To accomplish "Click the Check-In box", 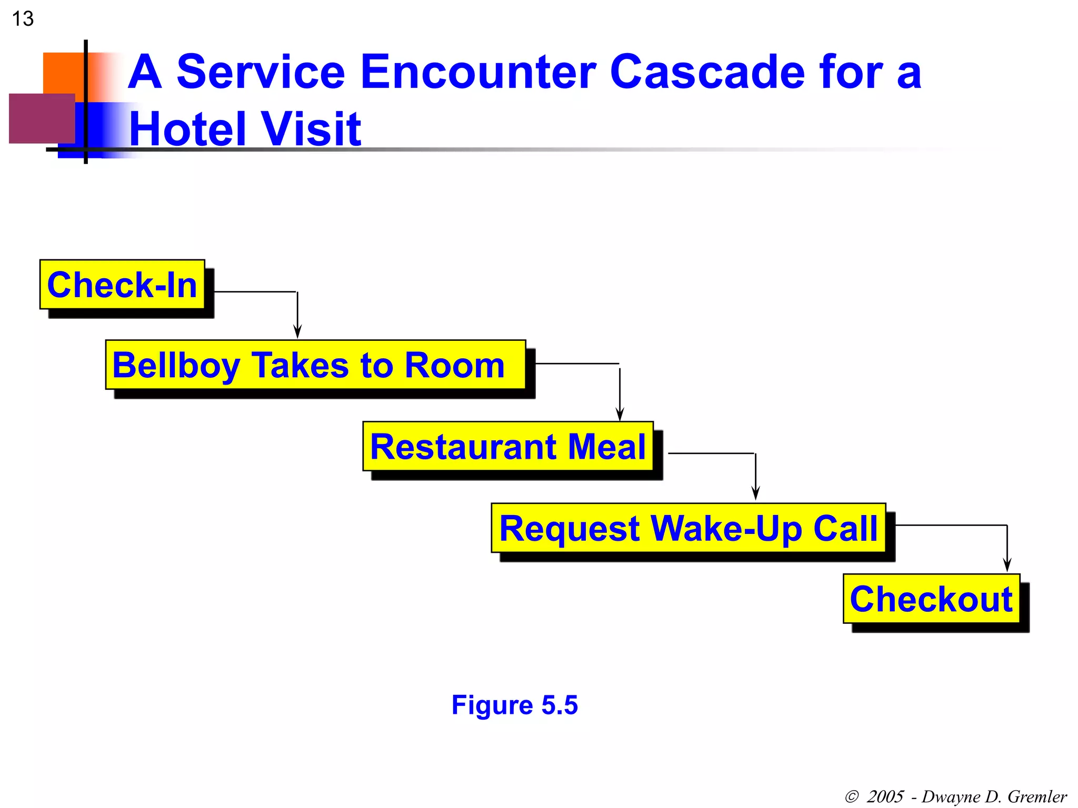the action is (x=122, y=285).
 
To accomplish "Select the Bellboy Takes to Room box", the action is (x=315, y=365).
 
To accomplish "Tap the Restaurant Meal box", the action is (x=508, y=446).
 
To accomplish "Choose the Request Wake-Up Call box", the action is (x=688, y=528).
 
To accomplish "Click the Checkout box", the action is (x=931, y=599).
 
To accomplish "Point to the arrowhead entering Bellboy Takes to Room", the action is (x=297, y=332).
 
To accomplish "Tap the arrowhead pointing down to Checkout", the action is (x=1007, y=565).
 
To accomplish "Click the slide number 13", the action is (x=23, y=19).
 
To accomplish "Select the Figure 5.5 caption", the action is (x=514, y=705).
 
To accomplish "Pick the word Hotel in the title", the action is (x=189, y=129).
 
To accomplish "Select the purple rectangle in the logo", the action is (x=42, y=118).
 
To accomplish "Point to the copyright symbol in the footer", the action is (x=852, y=796).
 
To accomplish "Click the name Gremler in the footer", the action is (x=1037, y=796).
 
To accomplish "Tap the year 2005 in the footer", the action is (x=885, y=796).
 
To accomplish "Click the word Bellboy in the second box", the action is (x=176, y=366).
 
